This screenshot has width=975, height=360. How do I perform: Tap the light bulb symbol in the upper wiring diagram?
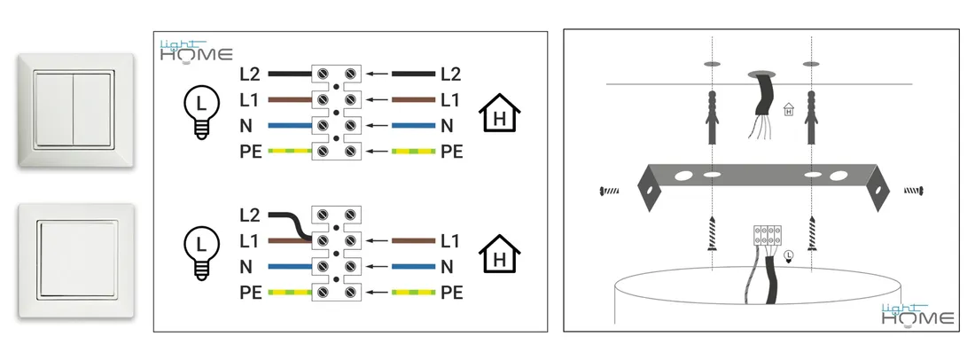201,113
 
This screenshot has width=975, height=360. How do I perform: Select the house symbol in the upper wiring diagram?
499,113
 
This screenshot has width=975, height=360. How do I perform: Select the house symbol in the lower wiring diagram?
499,252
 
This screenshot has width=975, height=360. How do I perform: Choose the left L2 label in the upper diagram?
250,74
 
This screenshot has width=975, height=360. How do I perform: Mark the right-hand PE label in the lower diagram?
452,292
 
